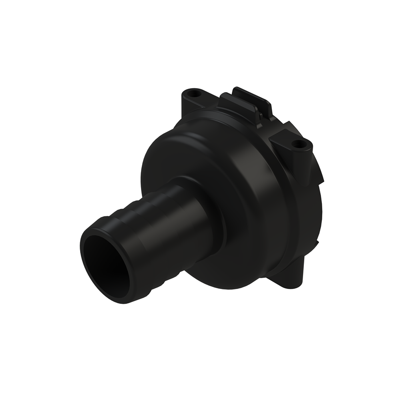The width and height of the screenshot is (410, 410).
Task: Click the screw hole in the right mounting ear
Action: (x=297, y=143)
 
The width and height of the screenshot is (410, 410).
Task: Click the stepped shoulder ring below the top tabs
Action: (x=224, y=120)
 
